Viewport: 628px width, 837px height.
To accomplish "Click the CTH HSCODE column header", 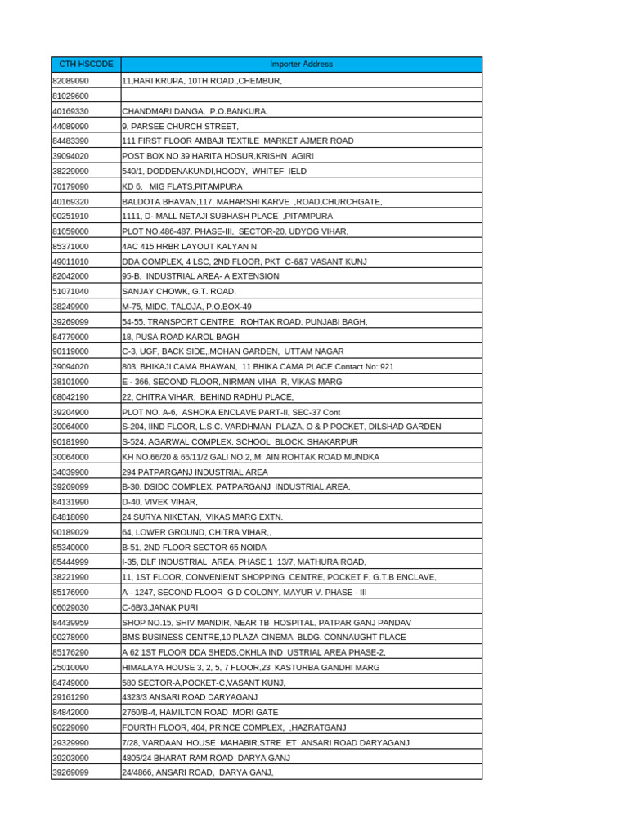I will [86, 65].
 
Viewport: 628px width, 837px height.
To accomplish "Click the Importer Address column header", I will [301, 65].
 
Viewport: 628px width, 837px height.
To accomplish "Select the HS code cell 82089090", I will [71, 81].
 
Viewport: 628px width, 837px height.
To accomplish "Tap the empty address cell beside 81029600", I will [301, 96].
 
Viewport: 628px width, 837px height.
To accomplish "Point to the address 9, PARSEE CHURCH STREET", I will [181, 127].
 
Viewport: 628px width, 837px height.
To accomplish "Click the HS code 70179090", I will [71, 186].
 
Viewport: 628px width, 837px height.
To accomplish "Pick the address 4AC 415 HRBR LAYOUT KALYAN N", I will [189, 246].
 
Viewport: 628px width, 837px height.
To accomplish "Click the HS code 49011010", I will [71, 262].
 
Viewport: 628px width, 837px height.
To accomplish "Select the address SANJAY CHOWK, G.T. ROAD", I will [179, 291].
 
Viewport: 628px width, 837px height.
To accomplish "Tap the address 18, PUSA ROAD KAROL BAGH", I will [181, 337].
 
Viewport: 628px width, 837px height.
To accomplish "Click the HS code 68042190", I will [71, 396].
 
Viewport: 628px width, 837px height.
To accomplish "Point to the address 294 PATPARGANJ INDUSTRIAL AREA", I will [195, 472].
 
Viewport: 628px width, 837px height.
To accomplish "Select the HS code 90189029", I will [71, 532].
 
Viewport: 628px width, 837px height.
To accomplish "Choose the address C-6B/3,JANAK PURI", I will [160, 607].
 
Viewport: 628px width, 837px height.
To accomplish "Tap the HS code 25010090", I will [71, 668].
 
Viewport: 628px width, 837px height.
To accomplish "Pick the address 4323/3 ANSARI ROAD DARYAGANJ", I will [190, 697].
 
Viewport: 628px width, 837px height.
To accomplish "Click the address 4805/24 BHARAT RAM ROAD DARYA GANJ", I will [206, 758].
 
